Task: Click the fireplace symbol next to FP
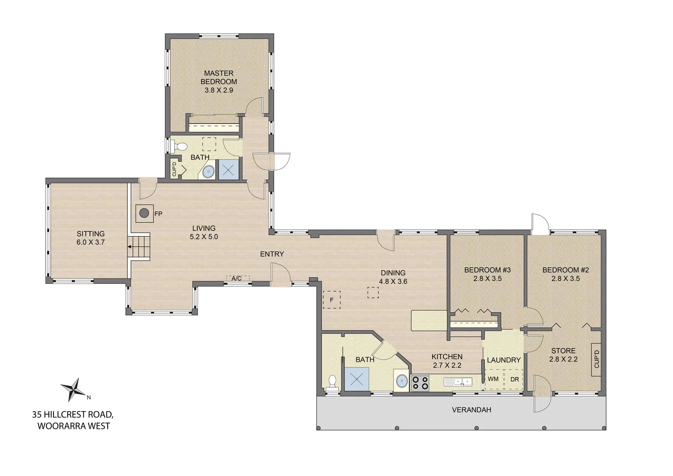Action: click(145, 213)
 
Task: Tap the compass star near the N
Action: click(74, 390)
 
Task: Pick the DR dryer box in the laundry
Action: click(514, 379)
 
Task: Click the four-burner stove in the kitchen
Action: click(420, 383)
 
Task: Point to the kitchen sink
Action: click(458, 382)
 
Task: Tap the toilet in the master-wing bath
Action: click(179, 147)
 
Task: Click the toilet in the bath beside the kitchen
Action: click(332, 383)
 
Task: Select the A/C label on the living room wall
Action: click(236, 279)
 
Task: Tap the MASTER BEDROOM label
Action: click(219, 77)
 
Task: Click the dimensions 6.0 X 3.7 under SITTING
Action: click(90, 242)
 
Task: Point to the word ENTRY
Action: click(272, 254)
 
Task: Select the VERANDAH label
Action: click(472, 410)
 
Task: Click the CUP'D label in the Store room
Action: click(596, 359)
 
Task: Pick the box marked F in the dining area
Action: click(332, 300)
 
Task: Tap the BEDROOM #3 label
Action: click(488, 270)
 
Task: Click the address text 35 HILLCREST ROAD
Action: click(73, 415)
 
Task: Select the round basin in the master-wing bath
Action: click(208, 172)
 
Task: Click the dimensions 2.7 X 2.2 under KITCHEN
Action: click(447, 365)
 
